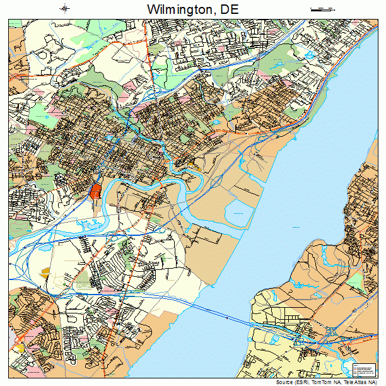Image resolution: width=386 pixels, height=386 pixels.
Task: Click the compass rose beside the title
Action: click(x=65, y=8)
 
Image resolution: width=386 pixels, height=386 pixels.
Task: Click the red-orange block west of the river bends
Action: click(x=96, y=190)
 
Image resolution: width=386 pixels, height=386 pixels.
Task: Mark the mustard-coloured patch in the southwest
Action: click(x=45, y=271)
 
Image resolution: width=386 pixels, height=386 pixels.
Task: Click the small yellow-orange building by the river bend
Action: click(x=192, y=168)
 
